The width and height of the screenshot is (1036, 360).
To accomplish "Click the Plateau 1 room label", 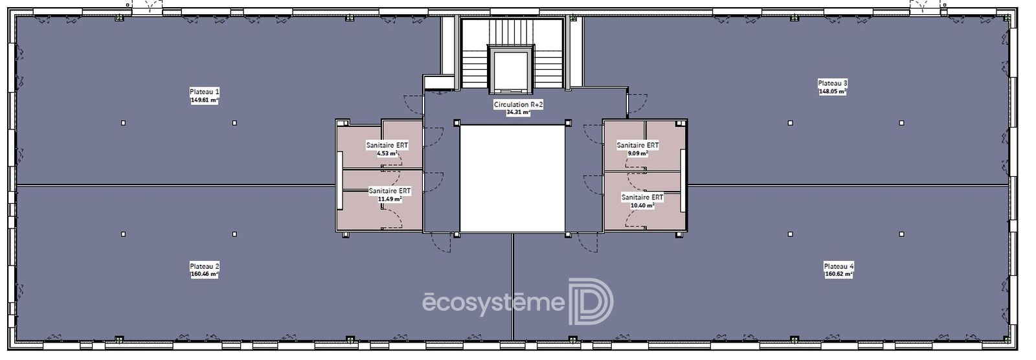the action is click(205, 92).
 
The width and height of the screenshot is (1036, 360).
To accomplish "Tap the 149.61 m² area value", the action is click(205, 100).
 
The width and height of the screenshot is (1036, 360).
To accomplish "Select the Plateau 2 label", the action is click(205, 267).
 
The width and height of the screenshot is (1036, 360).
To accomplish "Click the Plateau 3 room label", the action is click(833, 84).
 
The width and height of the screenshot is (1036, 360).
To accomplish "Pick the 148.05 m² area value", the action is click(833, 92).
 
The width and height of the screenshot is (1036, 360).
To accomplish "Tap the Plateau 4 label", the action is click(839, 267).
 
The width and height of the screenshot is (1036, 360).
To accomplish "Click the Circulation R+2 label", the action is click(518, 105).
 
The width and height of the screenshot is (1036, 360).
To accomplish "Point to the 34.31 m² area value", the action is click(518, 113).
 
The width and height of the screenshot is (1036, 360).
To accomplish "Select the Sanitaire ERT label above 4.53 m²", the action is click(387, 145).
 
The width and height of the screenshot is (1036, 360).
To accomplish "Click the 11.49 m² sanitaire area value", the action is click(389, 199).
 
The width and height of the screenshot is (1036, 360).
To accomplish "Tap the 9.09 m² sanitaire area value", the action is click(637, 153).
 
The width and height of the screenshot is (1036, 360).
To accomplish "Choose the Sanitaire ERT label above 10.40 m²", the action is click(642, 197).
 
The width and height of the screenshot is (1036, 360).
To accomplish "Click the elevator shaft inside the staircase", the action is click(511, 70).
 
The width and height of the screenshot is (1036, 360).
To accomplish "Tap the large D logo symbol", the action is click(591, 302).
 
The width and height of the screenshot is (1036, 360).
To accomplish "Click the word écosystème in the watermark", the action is click(494, 302).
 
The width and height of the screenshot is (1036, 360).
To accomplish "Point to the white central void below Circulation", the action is click(512, 179).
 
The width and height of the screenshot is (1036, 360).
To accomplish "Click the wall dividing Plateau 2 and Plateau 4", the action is click(512, 287).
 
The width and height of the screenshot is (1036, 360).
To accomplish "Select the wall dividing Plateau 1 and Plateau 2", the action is click(175, 186).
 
